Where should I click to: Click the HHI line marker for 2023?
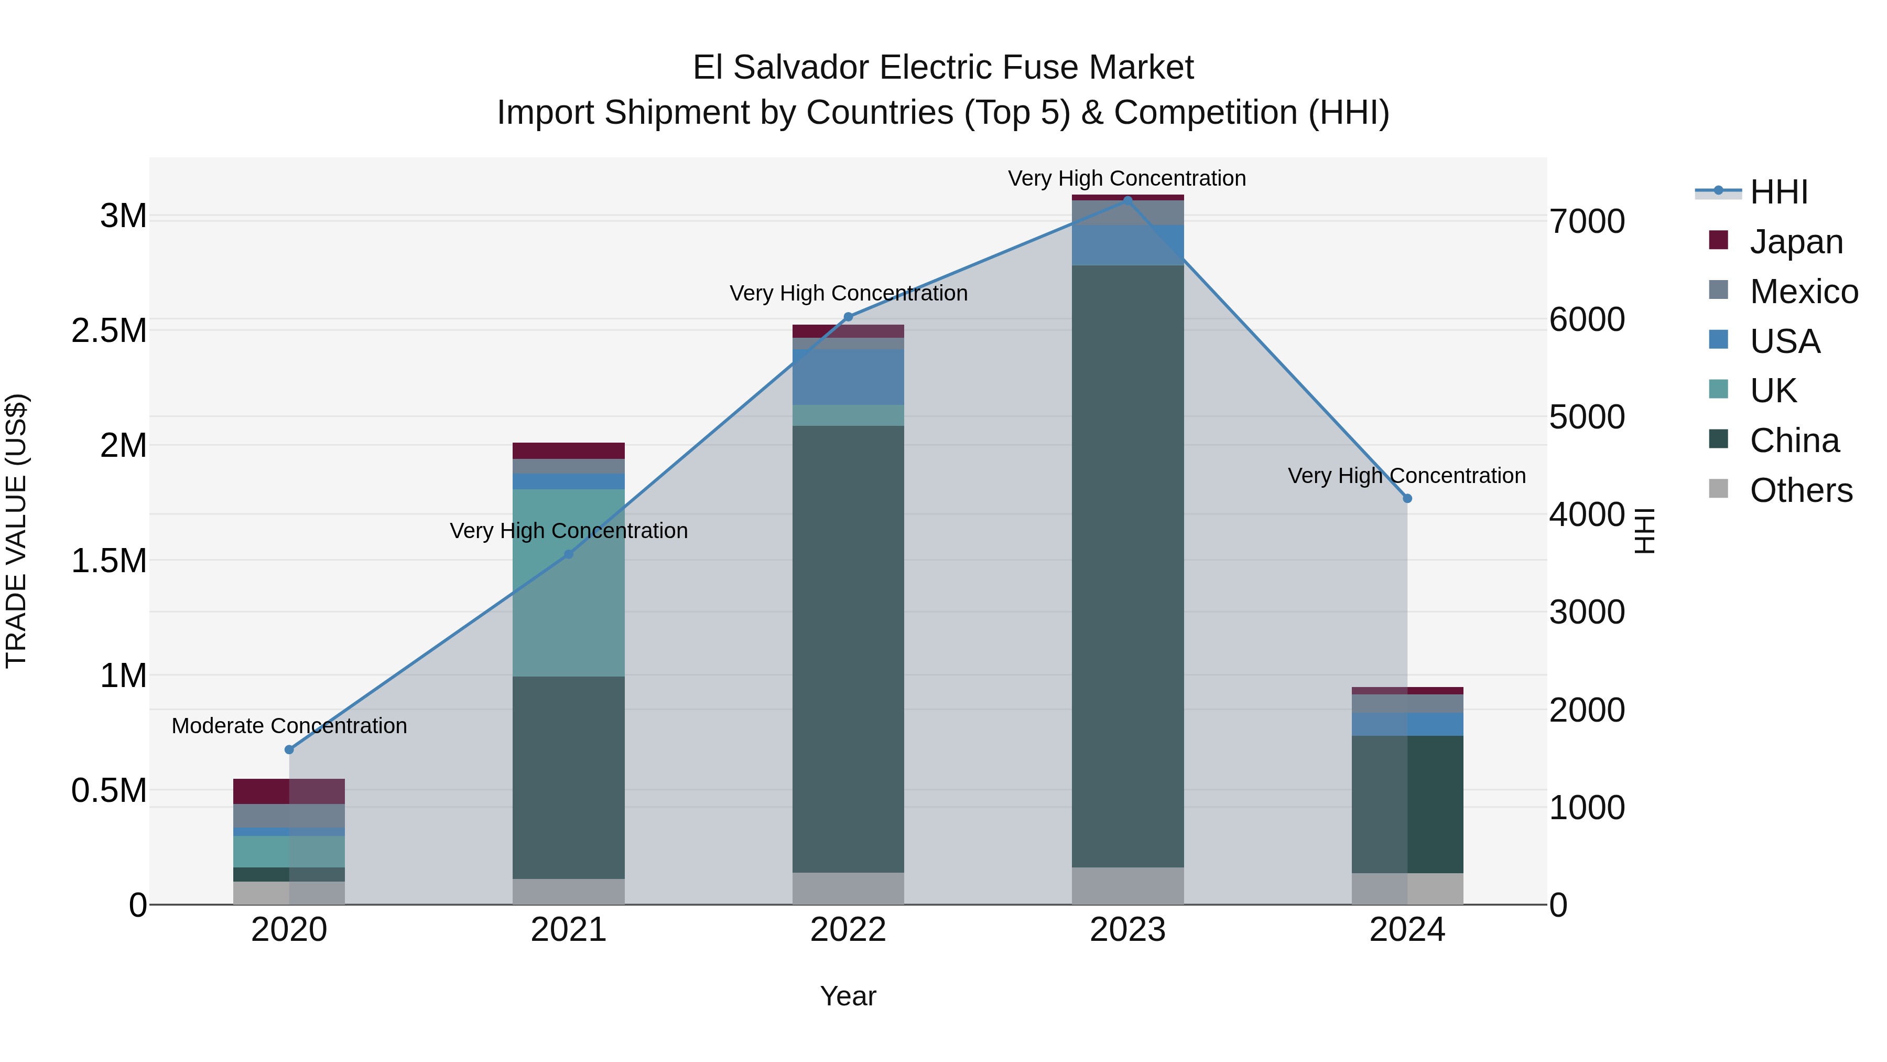(x=1127, y=199)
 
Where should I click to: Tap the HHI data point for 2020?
(x=289, y=749)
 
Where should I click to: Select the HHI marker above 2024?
(x=1407, y=498)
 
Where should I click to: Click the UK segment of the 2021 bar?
(x=568, y=583)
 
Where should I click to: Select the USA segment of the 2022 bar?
(x=848, y=377)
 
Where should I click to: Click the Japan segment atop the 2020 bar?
(x=289, y=791)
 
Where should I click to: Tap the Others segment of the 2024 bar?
(x=1407, y=888)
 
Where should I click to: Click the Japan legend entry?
(x=1795, y=242)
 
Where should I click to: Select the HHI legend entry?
(x=1778, y=192)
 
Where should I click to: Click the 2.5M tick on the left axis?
(x=109, y=330)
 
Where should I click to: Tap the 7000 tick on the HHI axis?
(x=1587, y=221)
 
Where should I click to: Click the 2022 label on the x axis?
(x=848, y=930)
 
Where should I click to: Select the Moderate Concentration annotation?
(x=289, y=726)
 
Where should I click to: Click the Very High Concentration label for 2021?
(x=568, y=531)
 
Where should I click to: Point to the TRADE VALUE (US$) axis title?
(x=16, y=531)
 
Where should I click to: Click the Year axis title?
(x=848, y=996)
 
